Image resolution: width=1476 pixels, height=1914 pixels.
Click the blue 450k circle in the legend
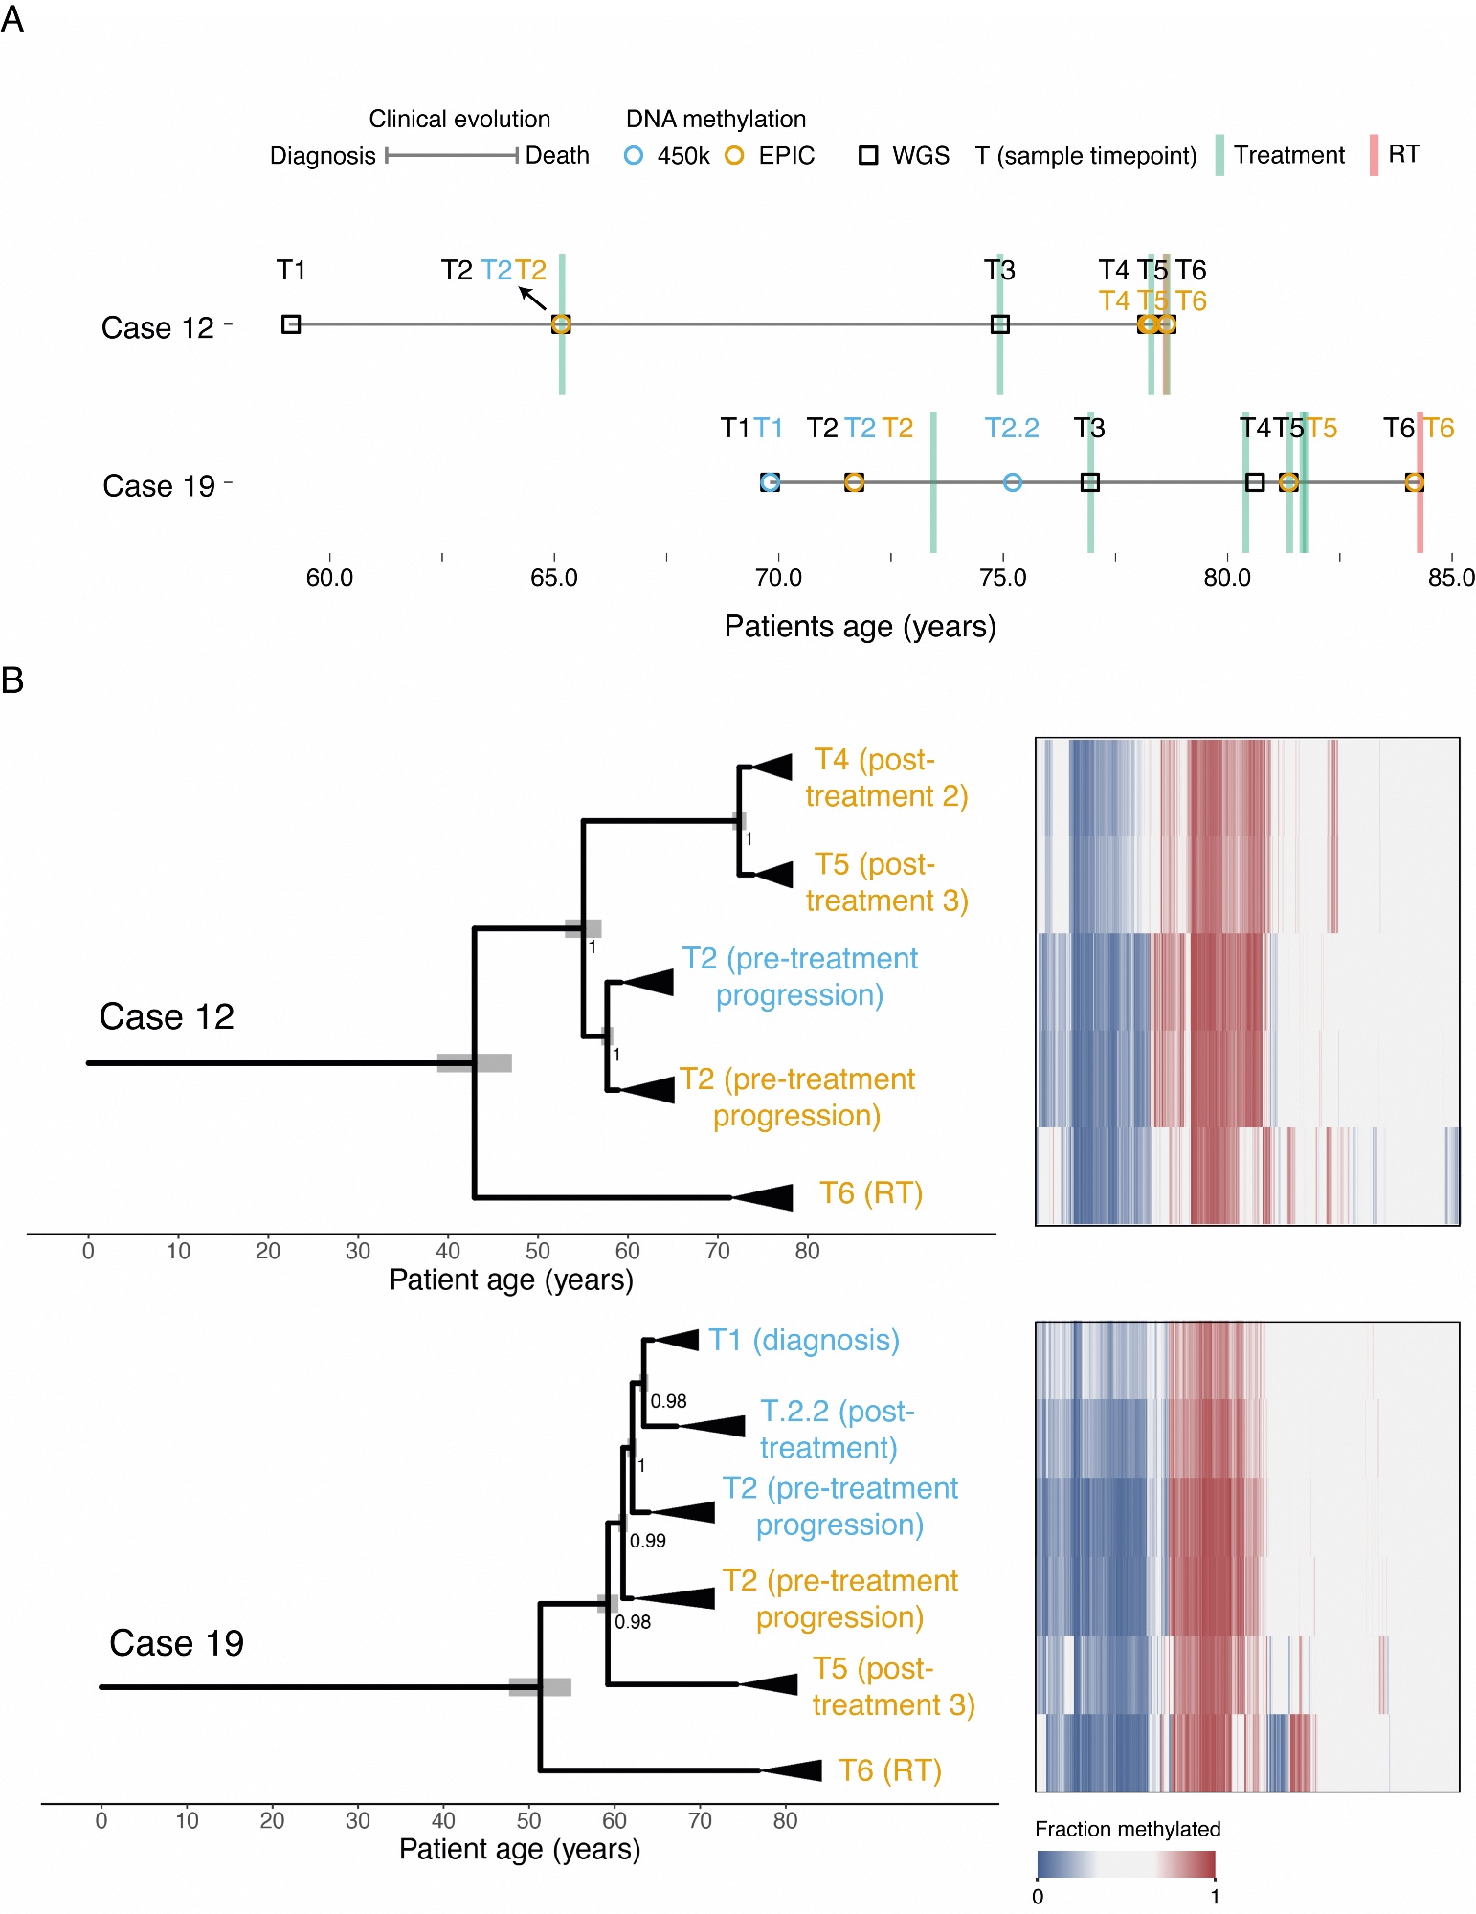[633, 156]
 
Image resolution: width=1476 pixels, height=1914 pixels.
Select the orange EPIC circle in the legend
[734, 156]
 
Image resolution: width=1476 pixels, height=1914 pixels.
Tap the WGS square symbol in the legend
[868, 156]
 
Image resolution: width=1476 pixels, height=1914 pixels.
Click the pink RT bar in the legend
[1374, 155]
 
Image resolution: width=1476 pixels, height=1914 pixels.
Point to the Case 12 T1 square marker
[291, 324]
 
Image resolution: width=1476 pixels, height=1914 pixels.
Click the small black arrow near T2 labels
[532, 298]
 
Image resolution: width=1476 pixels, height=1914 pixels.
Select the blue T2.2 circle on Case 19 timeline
[1013, 482]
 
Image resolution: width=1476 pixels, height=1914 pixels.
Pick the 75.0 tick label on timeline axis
[1002, 578]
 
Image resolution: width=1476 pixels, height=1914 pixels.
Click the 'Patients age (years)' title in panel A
[860, 627]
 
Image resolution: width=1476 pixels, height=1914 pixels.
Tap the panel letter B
[12, 680]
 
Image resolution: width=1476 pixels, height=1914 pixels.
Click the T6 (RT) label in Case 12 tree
[870, 1193]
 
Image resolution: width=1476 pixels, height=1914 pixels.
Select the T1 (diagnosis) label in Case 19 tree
[803, 1340]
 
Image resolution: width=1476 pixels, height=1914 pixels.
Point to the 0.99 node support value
[648, 1541]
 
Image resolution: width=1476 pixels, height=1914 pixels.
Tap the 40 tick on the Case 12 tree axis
[447, 1251]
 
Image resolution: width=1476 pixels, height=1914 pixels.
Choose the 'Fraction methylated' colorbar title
[1128, 1829]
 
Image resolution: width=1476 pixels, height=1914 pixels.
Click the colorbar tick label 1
[1215, 1897]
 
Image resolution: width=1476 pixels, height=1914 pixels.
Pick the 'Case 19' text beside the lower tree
[176, 1643]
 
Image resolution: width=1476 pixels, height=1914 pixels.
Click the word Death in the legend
[557, 156]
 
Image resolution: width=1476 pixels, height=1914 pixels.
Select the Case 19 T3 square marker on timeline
[1089, 482]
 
